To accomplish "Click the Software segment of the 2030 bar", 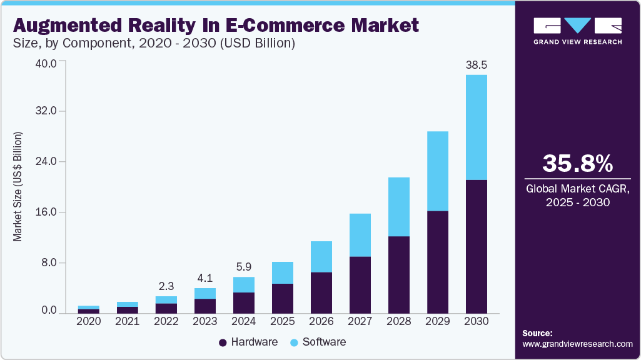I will (x=476, y=127).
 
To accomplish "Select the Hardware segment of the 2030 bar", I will (x=476, y=246).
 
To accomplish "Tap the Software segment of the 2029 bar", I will (x=437, y=171).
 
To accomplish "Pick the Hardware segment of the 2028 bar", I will (x=398, y=274).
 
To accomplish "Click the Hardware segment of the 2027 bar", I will (x=360, y=284).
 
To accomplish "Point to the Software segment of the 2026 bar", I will (x=321, y=256).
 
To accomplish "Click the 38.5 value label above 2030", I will (x=476, y=65).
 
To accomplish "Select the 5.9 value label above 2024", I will (x=244, y=267).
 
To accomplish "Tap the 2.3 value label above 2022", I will (x=166, y=286).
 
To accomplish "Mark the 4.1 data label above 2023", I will (x=205, y=278).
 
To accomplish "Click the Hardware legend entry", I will (x=248, y=342).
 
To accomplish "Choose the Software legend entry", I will (x=318, y=342).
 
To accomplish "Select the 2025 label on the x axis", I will (x=282, y=321).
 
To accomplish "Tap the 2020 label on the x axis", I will (x=89, y=321).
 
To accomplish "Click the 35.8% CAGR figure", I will (x=577, y=164).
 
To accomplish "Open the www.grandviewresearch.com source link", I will (x=577, y=344).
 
